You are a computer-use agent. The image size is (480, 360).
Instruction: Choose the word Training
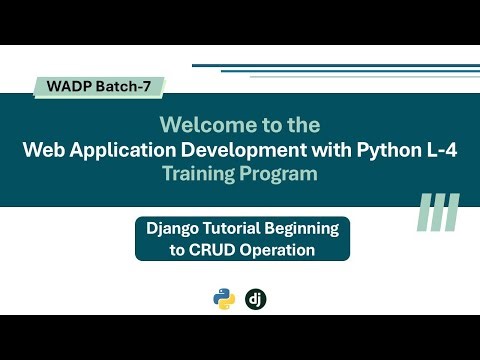[200, 174]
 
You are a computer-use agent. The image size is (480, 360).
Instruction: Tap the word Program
[280, 174]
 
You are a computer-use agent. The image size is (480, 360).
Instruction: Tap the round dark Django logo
[257, 298]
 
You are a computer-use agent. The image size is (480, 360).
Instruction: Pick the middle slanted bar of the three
[438, 213]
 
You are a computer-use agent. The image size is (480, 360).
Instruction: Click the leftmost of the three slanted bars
[424, 213]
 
